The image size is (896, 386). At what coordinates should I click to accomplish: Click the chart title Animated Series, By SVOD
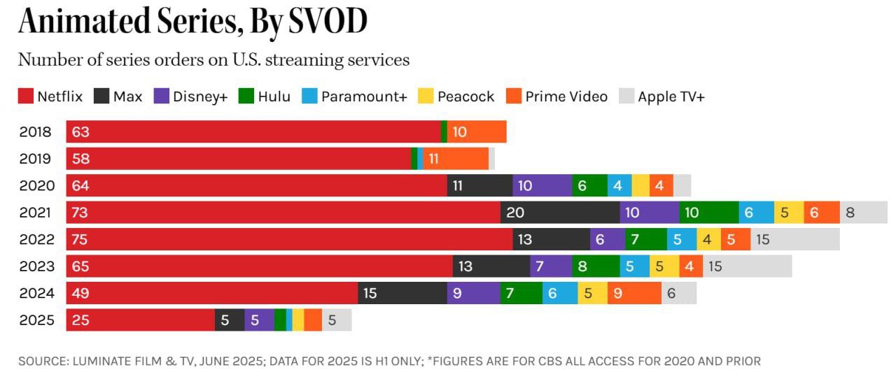click(192, 22)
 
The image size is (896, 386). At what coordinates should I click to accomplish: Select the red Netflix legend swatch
click(26, 96)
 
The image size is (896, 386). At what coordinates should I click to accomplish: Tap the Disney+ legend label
click(200, 96)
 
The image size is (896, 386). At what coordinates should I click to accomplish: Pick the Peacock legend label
click(465, 96)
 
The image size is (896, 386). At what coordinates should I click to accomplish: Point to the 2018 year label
click(36, 131)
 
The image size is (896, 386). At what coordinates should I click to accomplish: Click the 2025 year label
click(36, 320)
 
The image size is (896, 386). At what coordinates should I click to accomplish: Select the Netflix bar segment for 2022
click(289, 239)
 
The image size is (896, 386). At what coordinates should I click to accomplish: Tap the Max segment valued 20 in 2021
click(560, 213)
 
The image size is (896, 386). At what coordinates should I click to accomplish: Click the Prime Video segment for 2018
click(476, 131)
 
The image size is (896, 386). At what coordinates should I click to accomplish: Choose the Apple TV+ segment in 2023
click(747, 266)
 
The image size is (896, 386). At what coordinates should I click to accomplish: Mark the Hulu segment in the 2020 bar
click(589, 186)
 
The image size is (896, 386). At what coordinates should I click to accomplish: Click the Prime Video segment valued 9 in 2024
click(634, 293)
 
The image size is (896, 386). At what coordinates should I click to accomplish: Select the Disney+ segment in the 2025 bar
click(259, 320)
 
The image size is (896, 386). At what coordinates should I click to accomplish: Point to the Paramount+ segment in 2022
click(682, 239)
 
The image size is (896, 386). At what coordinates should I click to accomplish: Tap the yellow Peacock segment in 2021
click(788, 213)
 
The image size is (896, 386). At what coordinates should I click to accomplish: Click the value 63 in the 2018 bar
click(80, 131)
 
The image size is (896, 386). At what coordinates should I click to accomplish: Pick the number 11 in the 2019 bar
click(433, 159)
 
